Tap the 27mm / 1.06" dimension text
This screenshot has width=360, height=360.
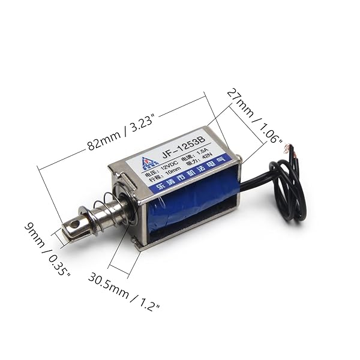[x=254, y=116]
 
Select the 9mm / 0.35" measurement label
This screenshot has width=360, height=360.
[x=48, y=249]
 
